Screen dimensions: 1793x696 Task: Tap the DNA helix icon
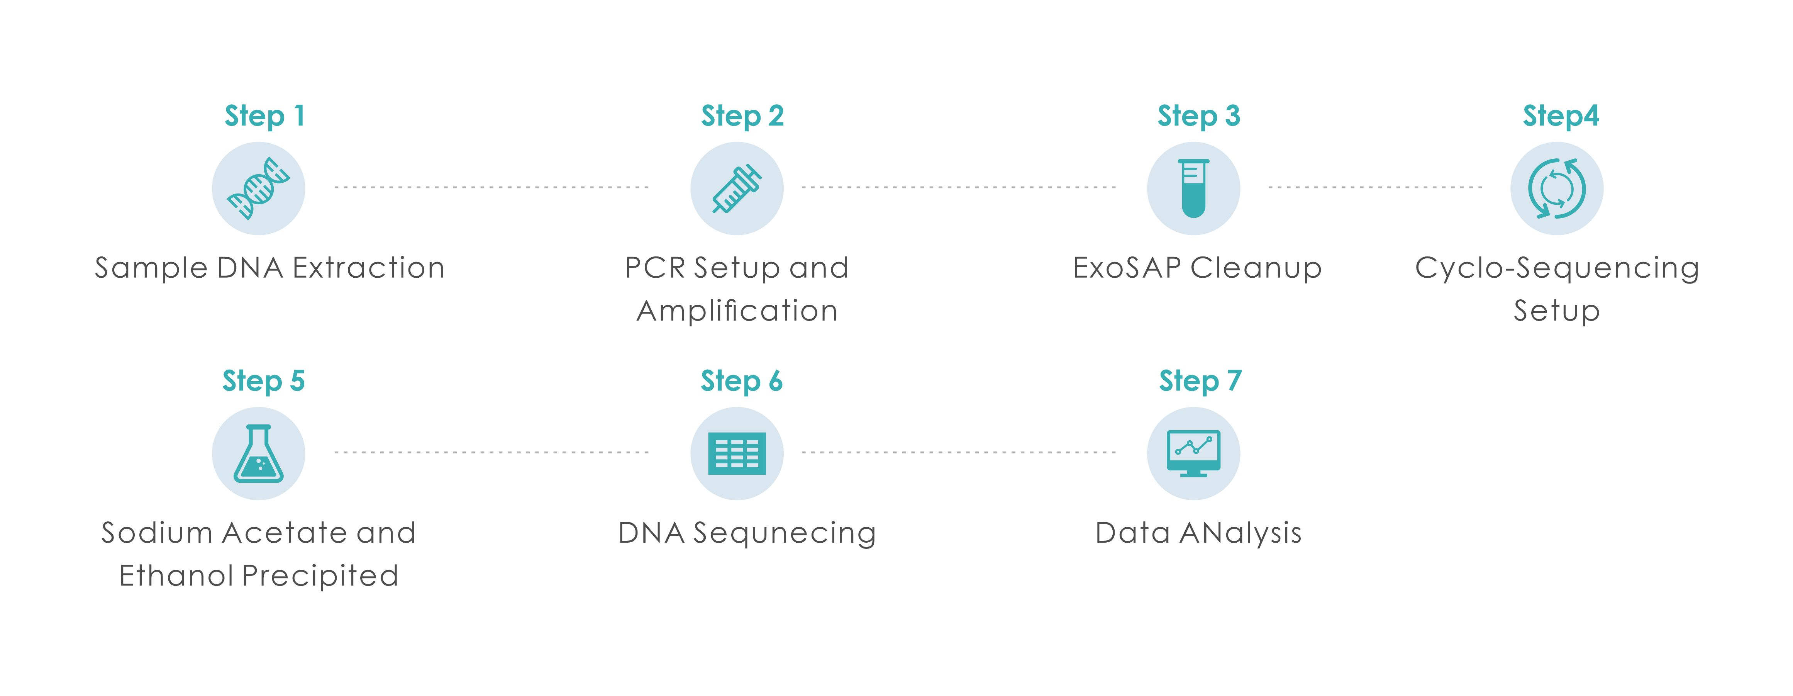click(x=258, y=188)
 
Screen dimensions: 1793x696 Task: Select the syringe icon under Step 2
click(x=736, y=188)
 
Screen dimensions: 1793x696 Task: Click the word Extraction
click(x=368, y=268)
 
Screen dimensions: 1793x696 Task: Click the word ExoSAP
click(x=1127, y=268)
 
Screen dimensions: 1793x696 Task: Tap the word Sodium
click(x=157, y=533)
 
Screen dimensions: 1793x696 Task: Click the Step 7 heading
click(x=1200, y=381)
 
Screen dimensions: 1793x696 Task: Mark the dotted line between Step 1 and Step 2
click(x=491, y=187)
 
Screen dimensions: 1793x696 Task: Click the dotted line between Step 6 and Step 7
click(x=958, y=452)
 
